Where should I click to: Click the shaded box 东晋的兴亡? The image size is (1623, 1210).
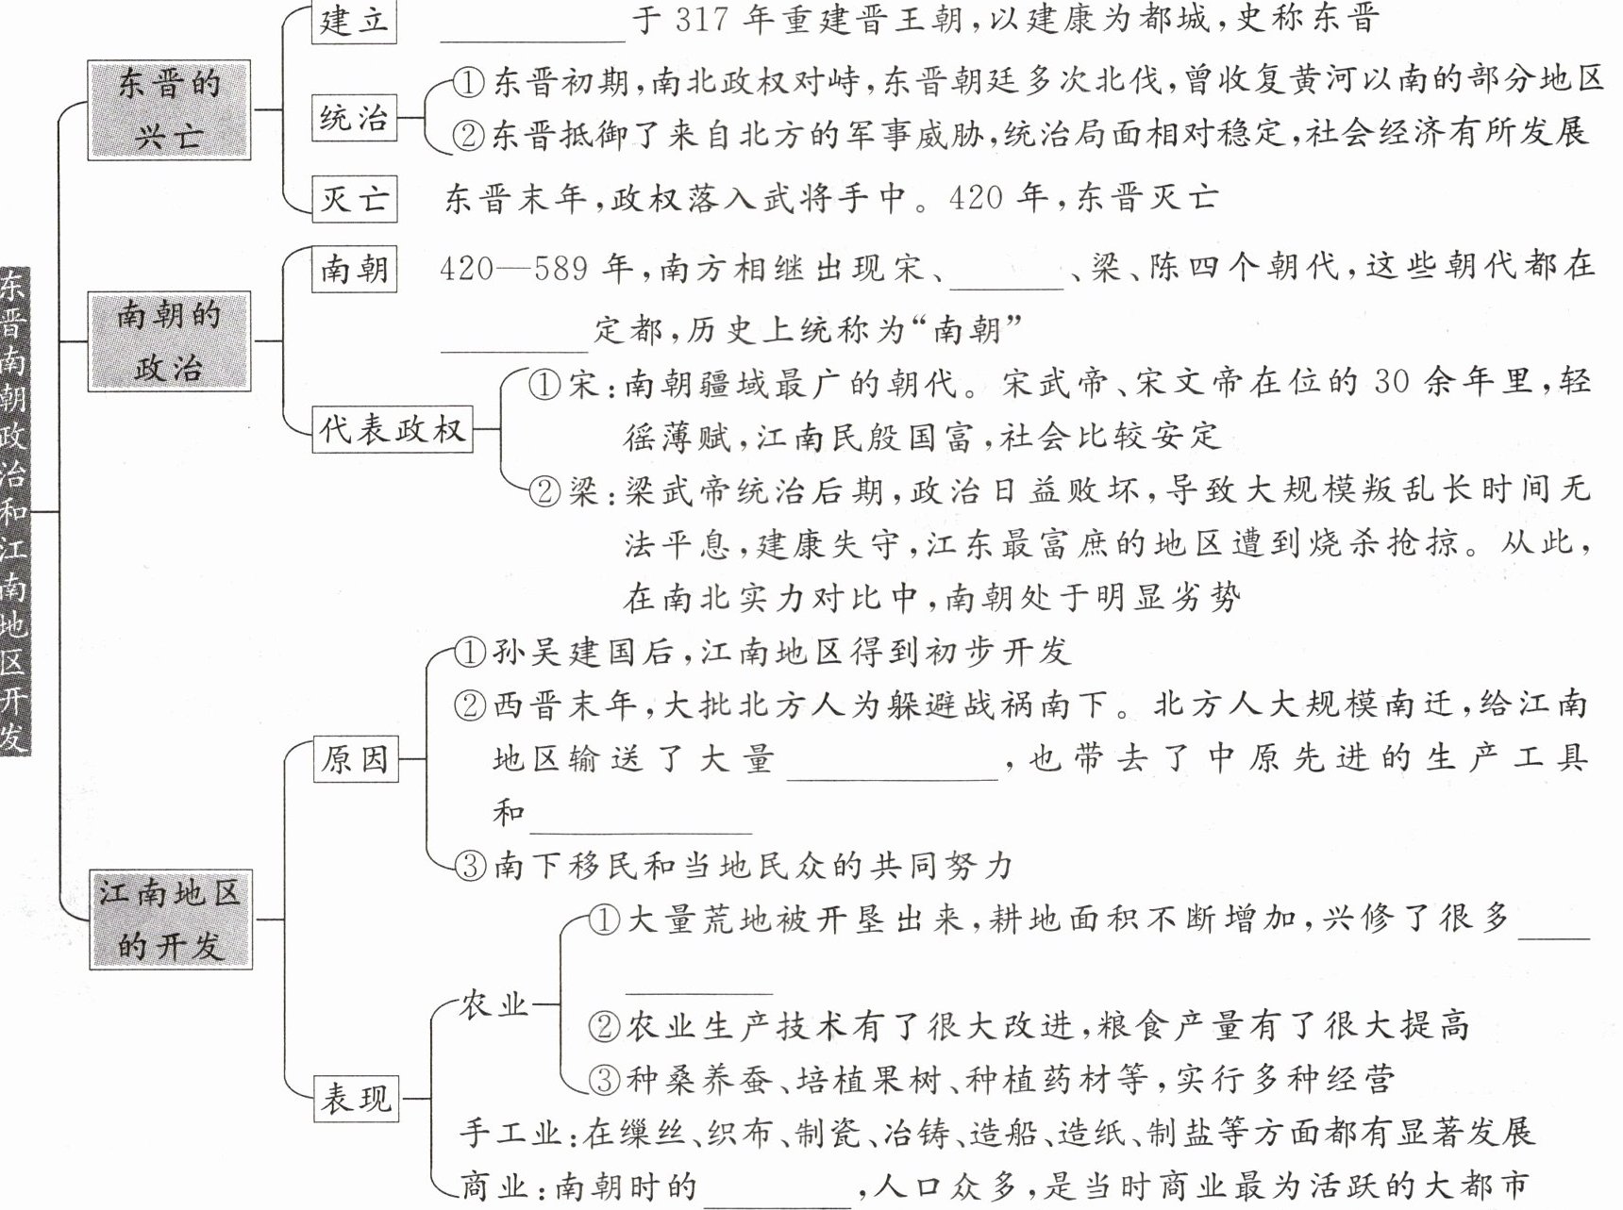tap(169, 109)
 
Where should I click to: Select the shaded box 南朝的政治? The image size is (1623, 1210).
tap(169, 340)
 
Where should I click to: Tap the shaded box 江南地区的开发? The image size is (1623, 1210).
tap(171, 920)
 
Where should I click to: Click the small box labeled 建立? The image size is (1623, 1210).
tap(354, 21)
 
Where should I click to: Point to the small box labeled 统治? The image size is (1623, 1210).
tap(354, 118)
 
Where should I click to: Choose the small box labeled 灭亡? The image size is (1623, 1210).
tap(354, 199)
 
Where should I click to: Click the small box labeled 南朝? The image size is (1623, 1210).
tap(354, 270)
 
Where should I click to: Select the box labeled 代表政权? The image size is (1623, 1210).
tap(393, 430)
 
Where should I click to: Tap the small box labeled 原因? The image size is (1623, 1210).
tap(355, 758)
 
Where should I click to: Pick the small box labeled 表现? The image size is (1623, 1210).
tap(355, 1099)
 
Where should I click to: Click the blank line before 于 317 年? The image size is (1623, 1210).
tap(532, 28)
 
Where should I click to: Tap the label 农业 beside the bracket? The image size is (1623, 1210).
tap(494, 1005)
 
